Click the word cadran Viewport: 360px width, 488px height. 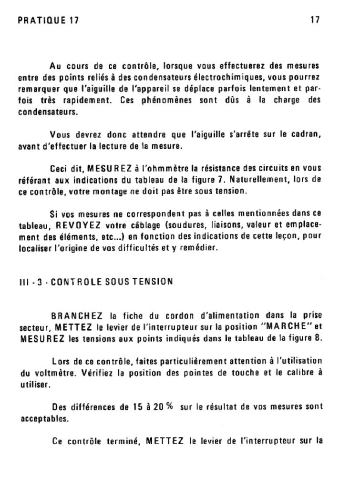click(x=308, y=136)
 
